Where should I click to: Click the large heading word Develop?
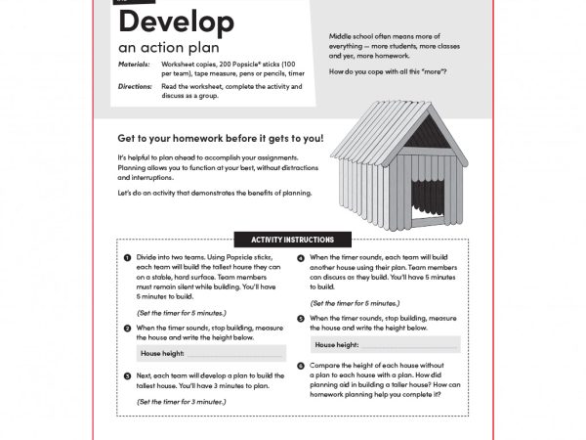[176, 22]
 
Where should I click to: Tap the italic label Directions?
[136, 87]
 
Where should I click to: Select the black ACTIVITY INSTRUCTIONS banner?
[292, 240]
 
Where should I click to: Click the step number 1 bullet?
[128, 257]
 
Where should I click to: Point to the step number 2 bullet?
[128, 328]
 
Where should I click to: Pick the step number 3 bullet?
[128, 374]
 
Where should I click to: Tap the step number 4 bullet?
[301, 257]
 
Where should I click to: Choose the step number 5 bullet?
[301, 319]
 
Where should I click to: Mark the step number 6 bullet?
[301, 365]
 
